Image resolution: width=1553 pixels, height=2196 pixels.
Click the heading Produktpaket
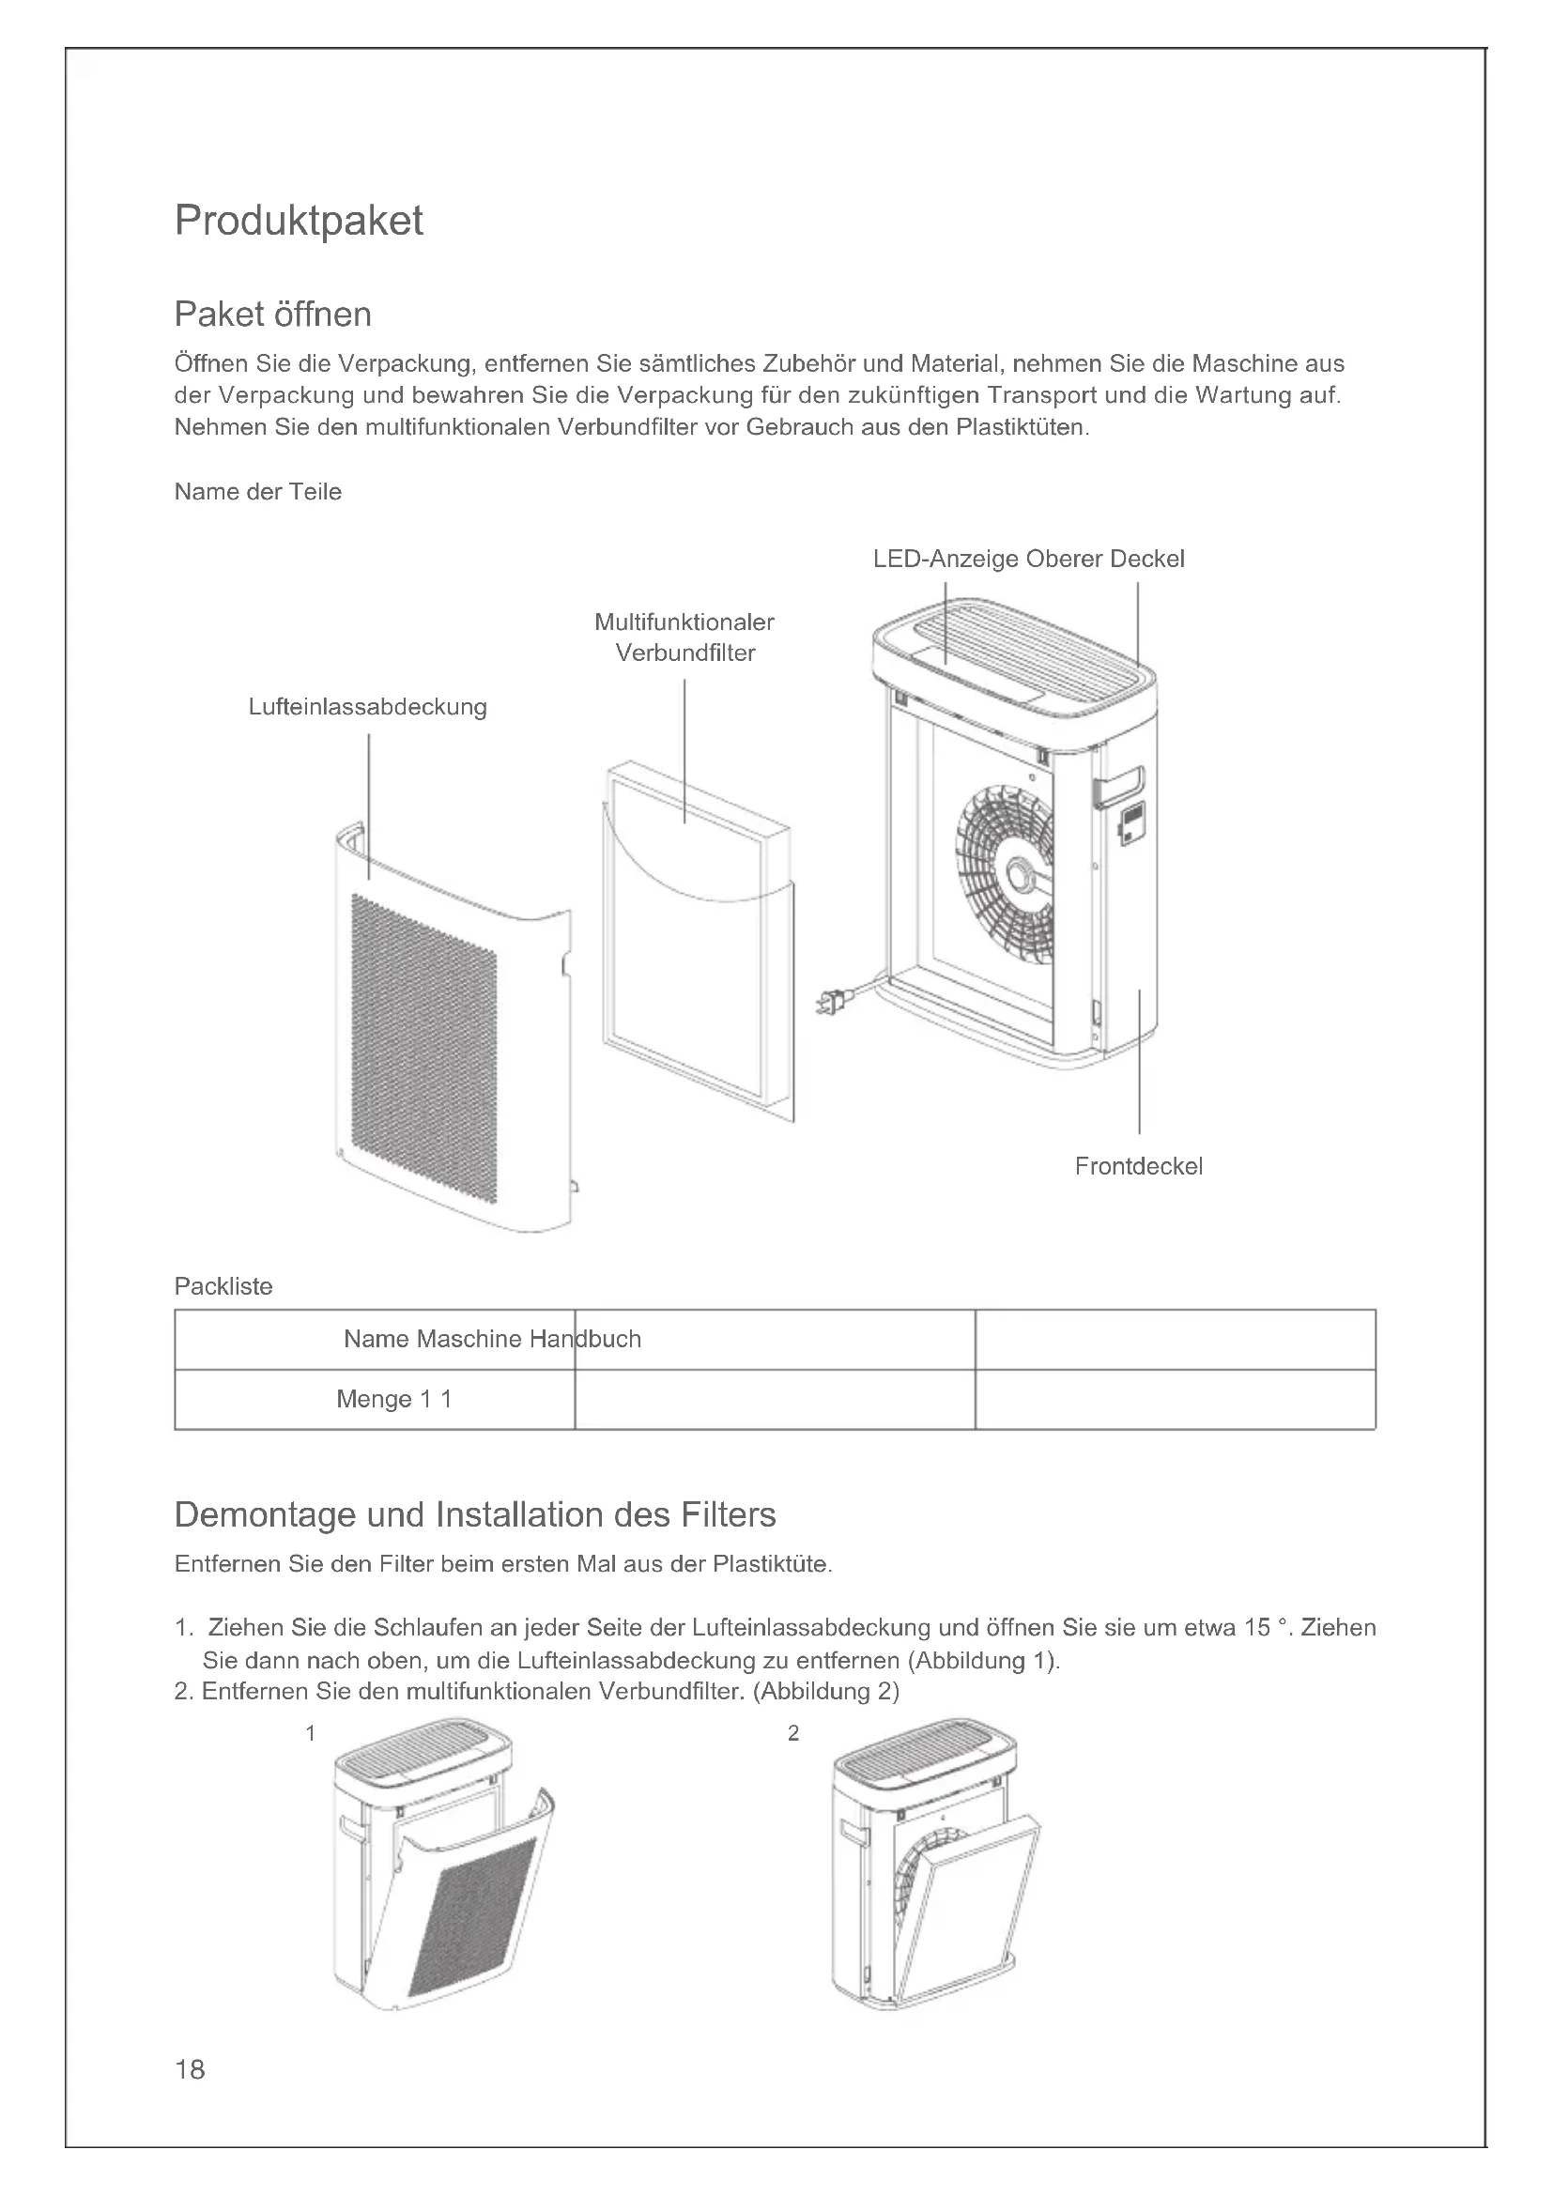[299, 221]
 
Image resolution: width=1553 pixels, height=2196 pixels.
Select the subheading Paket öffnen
[272, 314]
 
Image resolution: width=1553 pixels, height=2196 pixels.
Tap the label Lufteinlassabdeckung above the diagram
[367, 707]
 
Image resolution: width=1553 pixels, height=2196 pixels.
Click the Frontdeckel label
[1138, 1166]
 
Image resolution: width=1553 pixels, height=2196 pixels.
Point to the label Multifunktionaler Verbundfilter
[684, 637]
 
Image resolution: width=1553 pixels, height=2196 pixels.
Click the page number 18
[190, 2070]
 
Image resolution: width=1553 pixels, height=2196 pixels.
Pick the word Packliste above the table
[223, 1286]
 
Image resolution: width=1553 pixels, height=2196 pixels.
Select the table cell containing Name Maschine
[375, 1339]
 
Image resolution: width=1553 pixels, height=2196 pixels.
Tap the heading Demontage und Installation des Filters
[475, 1515]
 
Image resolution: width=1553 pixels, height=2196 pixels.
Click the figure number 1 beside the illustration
[311, 1733]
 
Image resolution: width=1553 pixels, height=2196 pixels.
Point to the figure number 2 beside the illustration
[792, 1733]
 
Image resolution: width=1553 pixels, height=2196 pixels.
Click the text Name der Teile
[257, 492]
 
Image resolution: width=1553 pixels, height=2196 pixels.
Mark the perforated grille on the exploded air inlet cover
[423, 1048]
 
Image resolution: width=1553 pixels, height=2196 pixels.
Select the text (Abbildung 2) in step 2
[826, 1691]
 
